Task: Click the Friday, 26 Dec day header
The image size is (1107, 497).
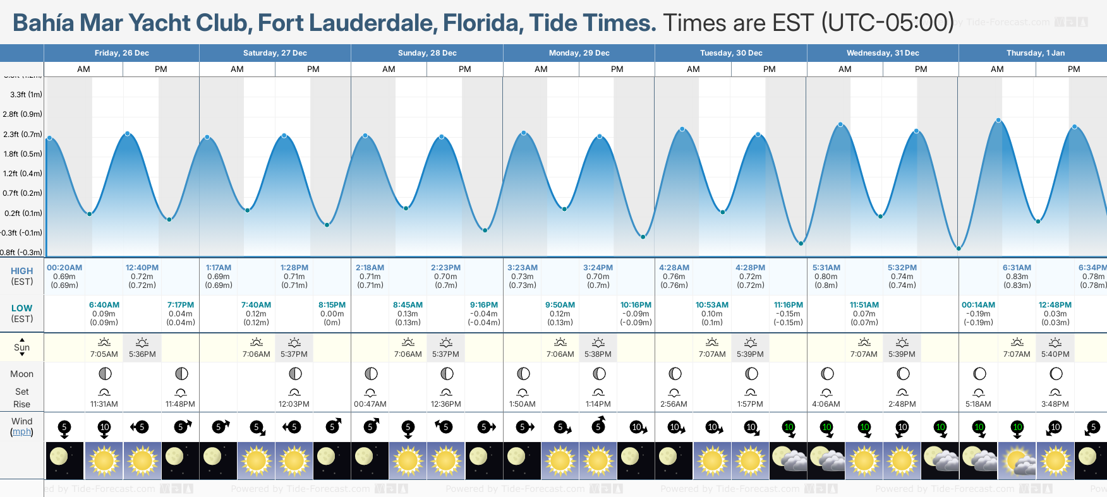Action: (x=121, y=53)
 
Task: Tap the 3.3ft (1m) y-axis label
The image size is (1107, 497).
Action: (x=26, y=95)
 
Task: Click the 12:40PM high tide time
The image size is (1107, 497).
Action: (x=142, y=268)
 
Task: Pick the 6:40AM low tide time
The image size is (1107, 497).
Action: (x=104, y=305)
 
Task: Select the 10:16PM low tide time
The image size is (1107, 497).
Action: (x=636, y=305)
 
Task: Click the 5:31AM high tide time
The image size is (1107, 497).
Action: (x=826, y=268)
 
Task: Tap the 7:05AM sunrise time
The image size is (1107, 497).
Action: (x=104, y=354)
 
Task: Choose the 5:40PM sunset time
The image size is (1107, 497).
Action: (x=1055, y=354)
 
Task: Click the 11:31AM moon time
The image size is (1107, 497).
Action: (x=104, y=404)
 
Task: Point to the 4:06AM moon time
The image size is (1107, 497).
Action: (x=826, y=404)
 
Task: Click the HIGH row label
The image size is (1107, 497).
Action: (x=21, y=271)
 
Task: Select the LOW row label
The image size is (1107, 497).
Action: (x=21, y=308)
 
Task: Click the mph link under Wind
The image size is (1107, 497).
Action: (x=21, y=432)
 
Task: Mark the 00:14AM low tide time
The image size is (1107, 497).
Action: (x=978, y=305)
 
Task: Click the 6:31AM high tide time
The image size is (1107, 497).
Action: (x=1017, y=268)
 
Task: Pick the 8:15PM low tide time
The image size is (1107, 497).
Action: (x=332, y=305)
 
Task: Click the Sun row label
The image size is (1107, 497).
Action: (x=21, y=347)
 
